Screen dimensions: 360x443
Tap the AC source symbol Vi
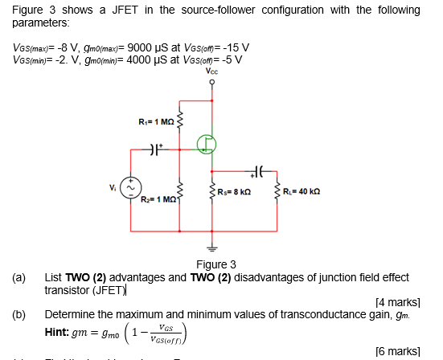pyautogui.click(x=133, y=189)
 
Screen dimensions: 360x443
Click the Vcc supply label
pyautogui.click(x=212, y=72)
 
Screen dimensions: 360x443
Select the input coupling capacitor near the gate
pyautogui.click(x=157, y=149)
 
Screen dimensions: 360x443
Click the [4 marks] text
pyautogui.click(x=398, y=302)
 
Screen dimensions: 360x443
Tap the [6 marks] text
pyautogui.click(x=398, y=351)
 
